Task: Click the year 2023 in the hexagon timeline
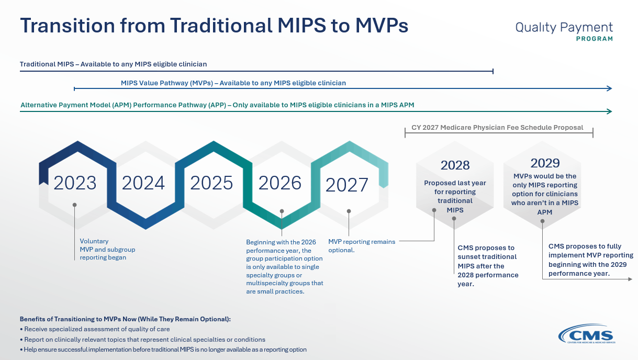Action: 75,183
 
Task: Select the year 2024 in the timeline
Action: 143,183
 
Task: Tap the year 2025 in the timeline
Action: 211,183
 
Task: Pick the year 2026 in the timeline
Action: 279,183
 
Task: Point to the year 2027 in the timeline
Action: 346,185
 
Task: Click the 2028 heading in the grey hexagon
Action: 455,165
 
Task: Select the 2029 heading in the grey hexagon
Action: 545,163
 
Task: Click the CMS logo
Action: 587,333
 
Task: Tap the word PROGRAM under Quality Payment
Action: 595,39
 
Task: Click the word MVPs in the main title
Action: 382,26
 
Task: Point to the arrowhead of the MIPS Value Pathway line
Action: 609,88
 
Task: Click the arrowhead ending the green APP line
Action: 609,111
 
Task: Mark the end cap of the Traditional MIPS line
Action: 493,71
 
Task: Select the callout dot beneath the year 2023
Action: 75,205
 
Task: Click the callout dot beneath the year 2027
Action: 349,211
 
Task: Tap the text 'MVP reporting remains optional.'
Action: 362,246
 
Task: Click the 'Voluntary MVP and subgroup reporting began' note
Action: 107,249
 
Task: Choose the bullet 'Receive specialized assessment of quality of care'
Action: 95,329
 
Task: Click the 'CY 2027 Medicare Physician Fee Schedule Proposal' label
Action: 497,128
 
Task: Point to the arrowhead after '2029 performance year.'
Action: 630,279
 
